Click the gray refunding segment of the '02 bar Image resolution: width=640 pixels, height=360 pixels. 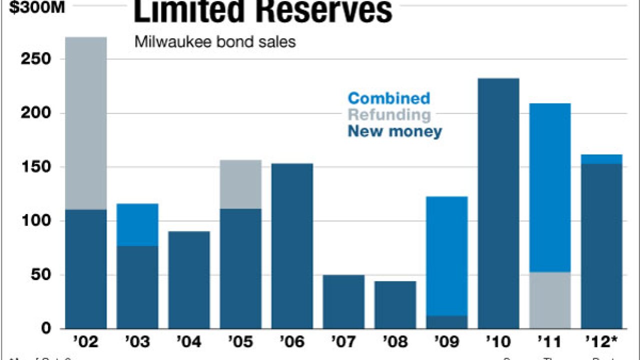click(x=86, y=123)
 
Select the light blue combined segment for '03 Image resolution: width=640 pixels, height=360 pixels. click(x=137, y=224)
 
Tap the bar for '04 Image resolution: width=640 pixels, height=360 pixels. click(x=189, y=280)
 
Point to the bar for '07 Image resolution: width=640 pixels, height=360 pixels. click(x=344, y=301)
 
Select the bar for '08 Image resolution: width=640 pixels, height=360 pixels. click(x=395, y=305)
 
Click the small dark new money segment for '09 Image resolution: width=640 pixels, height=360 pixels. click(x=447, y=322)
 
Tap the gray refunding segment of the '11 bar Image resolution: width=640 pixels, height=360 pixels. click(x=550, y=300)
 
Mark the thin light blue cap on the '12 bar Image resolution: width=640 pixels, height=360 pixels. click(x=601, y=159)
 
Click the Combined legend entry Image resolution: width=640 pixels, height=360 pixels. click(x=389, y=98)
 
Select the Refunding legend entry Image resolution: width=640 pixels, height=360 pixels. click(x=389, y=114)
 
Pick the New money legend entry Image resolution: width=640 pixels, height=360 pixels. click(x=395, y=131)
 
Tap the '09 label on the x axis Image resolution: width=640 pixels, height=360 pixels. click(x=447, y=342)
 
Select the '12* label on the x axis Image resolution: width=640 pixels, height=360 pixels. click(x=601, y=342)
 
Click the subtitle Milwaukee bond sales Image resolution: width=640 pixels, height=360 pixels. click(x=215, y=41)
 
